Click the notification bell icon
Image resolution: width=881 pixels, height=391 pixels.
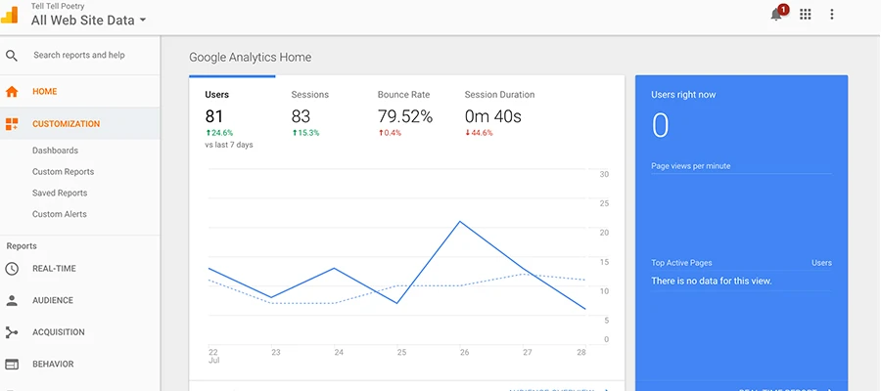click(777, 14)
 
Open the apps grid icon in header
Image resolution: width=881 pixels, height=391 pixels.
click(806, 14)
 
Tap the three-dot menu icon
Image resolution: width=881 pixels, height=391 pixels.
click(832, 14)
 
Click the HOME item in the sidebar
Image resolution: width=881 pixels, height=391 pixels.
click(45, 92)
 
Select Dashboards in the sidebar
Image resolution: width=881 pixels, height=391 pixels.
click(55, 151)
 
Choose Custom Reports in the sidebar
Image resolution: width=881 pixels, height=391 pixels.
click(63, 172)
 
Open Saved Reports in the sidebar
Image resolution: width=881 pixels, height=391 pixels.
click(60, 194)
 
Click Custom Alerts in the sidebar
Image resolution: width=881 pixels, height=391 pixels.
click(59, 214)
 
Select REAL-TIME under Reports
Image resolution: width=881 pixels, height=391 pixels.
click(54, 269)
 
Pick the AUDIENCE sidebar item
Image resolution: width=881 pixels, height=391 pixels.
click(53, 301)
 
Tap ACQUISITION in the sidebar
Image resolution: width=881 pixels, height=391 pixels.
click(58, 332)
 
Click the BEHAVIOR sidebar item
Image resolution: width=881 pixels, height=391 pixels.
click(53, 365)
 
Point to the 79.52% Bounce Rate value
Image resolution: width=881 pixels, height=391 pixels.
click(404, 116)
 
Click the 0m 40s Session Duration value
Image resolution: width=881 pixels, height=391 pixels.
click(492, 116)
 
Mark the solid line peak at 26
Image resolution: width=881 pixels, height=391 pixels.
click(460, 221)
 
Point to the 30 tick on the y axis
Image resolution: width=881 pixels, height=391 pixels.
click(604, 175)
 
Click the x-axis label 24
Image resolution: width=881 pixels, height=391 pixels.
click(339, 352)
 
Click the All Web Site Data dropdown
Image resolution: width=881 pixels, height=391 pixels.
click(88, 20)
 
